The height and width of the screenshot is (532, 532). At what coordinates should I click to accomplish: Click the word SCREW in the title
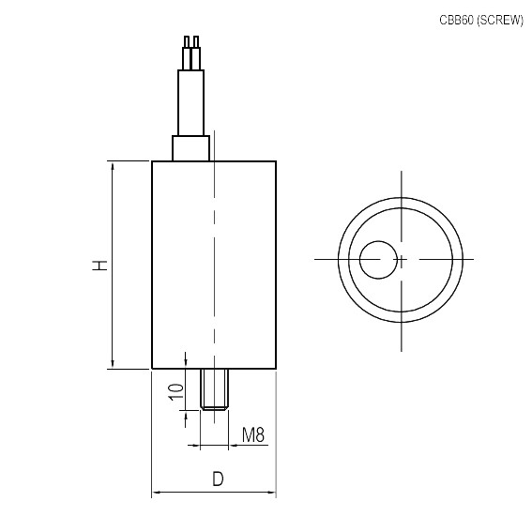pyautogui.click(x=499, y=20)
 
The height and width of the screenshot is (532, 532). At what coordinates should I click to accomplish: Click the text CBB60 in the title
pyautogui.click(x=457, y=20)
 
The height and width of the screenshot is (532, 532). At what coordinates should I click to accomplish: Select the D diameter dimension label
pyautogui.click(x=218, y=479)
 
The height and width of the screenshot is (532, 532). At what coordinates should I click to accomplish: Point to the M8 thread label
pyautogui.click(x=253, y=435)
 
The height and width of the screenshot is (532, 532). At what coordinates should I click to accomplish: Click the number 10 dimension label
pyautogui.click(x=174, y=392)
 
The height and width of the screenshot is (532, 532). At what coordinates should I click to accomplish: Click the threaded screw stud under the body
pyautogui.click(x=214, y=388)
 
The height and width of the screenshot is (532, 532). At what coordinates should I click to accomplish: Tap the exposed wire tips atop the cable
pyautogui.click(x=192, y=42)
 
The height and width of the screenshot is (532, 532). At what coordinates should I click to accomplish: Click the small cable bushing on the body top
pyautogui.click(x=190, y=148)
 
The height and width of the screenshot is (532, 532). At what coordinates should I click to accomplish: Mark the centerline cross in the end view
pyautogui.click(x=401, y=259)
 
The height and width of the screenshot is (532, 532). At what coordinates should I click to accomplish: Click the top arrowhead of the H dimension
pyautogui.click(x=113, y=166)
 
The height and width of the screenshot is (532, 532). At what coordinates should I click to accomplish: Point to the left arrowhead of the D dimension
pyautogui.click(x=157, y=492)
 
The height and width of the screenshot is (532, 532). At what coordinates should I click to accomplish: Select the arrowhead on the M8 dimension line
pyautogui.click(x=233, y=445)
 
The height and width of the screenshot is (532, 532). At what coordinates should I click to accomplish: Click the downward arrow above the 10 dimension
pyautogui.click(x=187, y=364)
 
